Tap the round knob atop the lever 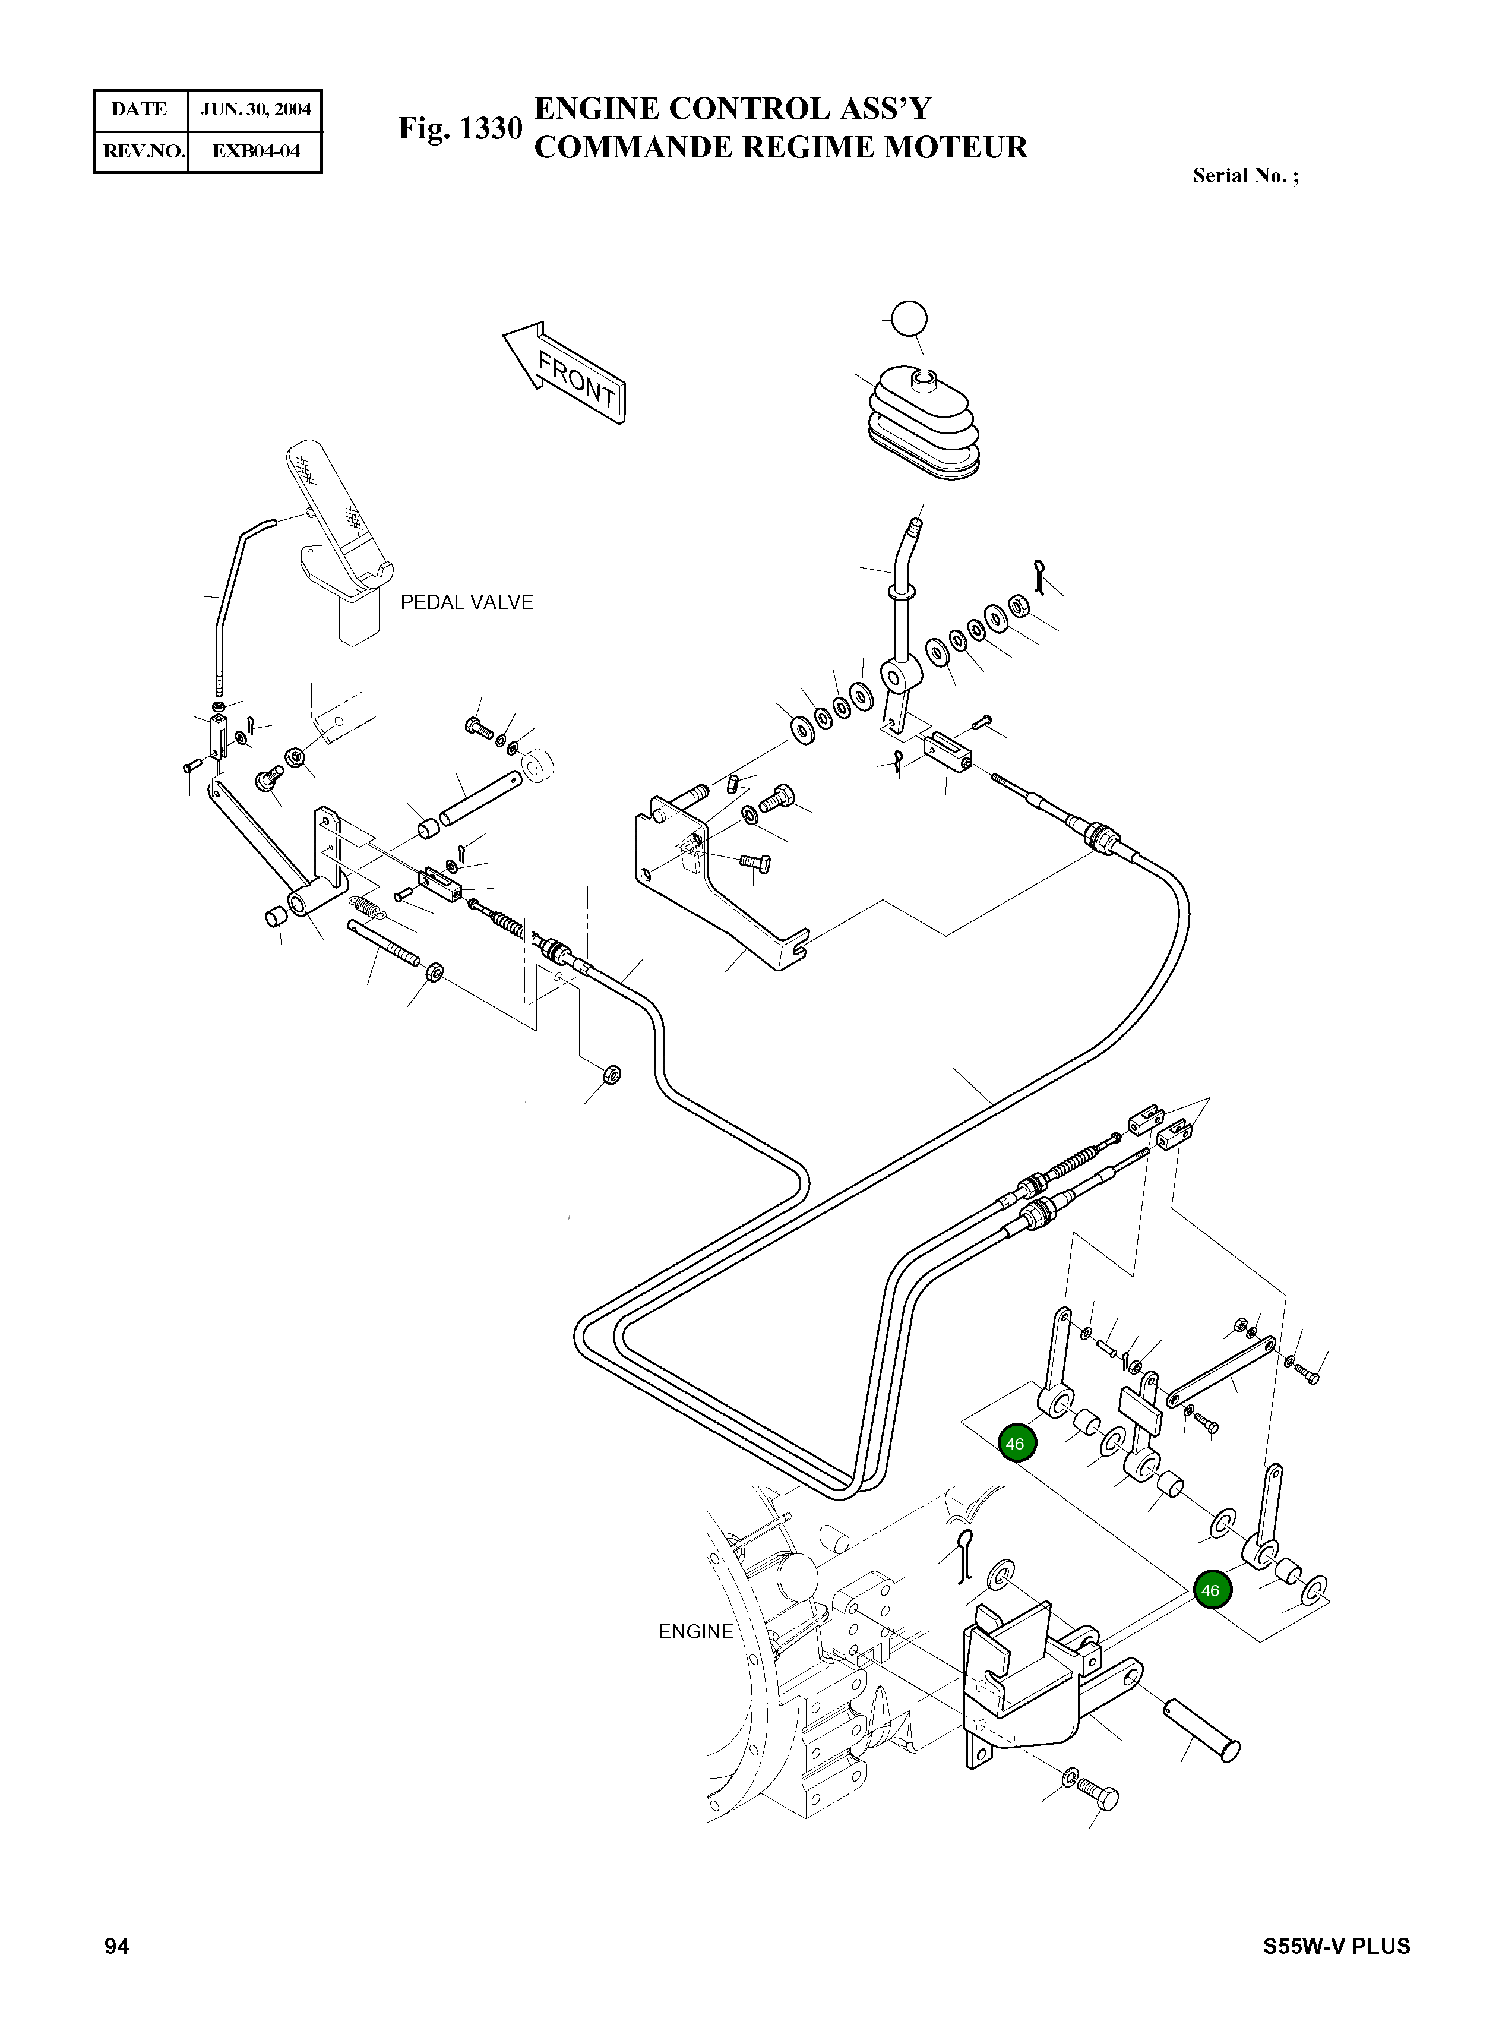[910, 320]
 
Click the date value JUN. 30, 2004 [256, 110]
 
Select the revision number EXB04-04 [256, 151]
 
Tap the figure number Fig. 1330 [461, 129]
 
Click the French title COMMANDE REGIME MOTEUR [781, 147]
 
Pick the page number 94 [117, 1946]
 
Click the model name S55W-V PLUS [1337, 1947]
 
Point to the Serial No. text [1246, 176]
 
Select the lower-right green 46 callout [1210, 1591]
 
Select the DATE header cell [139, 110]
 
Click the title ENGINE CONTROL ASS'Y [733, 109]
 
